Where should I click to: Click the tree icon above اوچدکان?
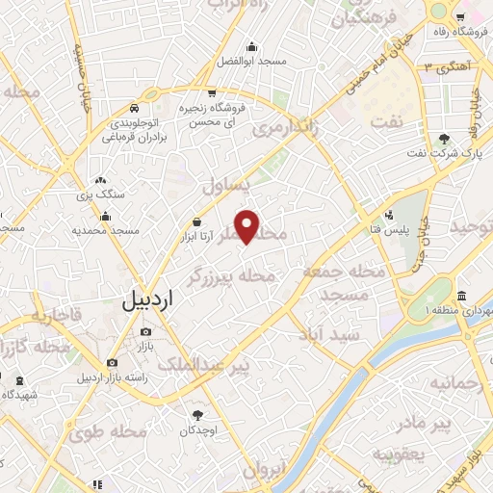coord(197,415)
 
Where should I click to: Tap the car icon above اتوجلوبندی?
coord(139,109)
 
